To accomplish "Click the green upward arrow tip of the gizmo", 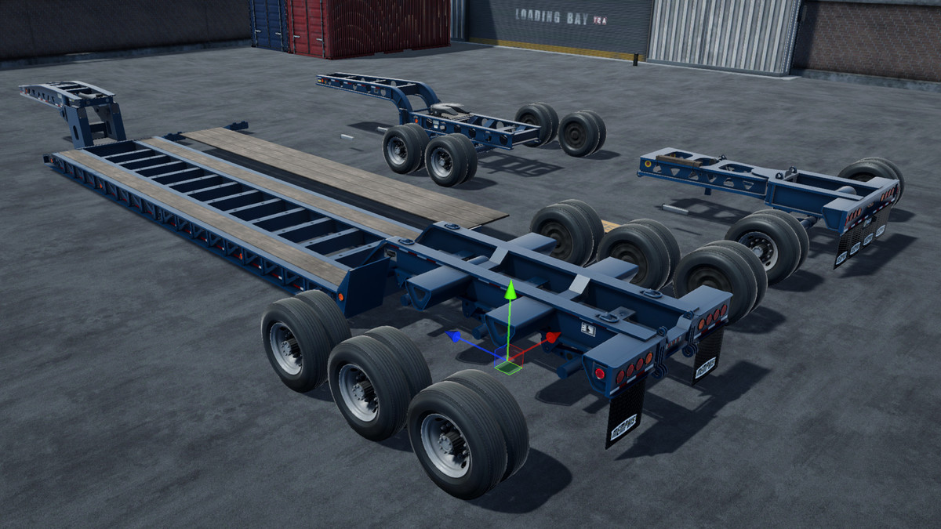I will (x=510, y=290).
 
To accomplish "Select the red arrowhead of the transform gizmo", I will (x=553, y=338).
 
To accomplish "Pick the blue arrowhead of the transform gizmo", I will (x=452, y=336).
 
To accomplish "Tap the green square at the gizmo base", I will (x=510, y=364).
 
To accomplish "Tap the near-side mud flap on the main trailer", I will (x=624, y=411).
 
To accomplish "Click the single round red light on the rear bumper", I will (x=600, y=373).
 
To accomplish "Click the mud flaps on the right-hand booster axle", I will (x=861, y=235).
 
